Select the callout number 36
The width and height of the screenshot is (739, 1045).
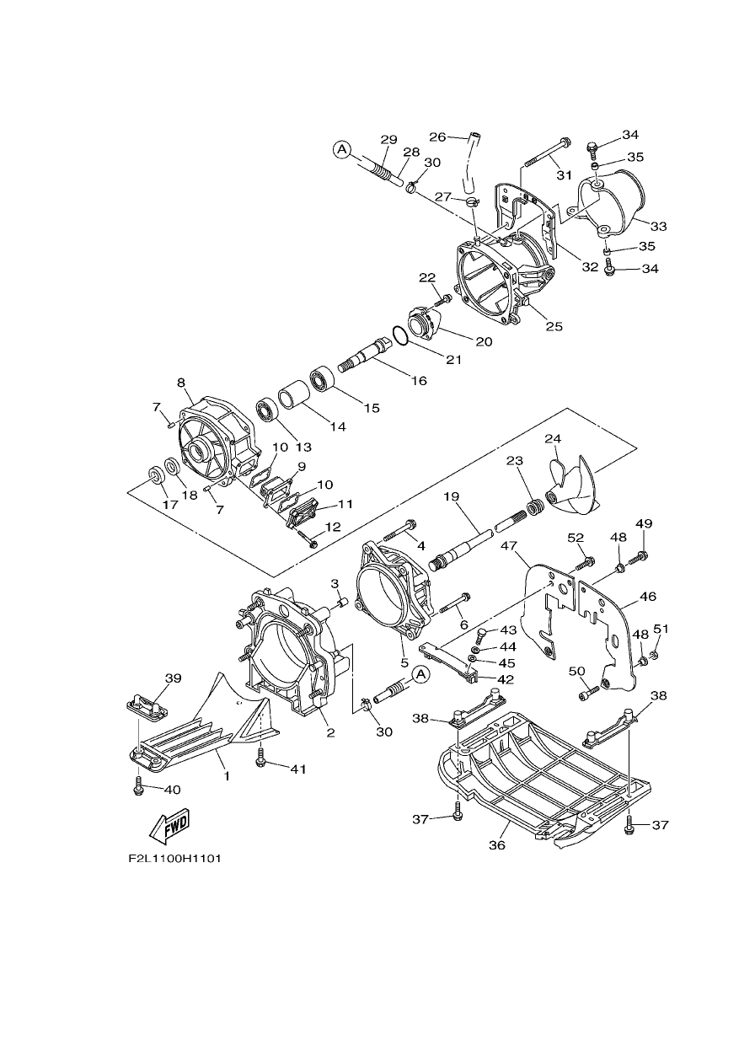tap(497, 845)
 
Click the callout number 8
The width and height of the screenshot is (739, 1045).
tap(181, 383)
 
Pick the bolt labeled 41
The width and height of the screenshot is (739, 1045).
tap(260, 762)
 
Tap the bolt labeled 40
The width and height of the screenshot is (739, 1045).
tap(137, 788)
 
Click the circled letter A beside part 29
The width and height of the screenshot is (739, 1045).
tap(342, 149)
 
